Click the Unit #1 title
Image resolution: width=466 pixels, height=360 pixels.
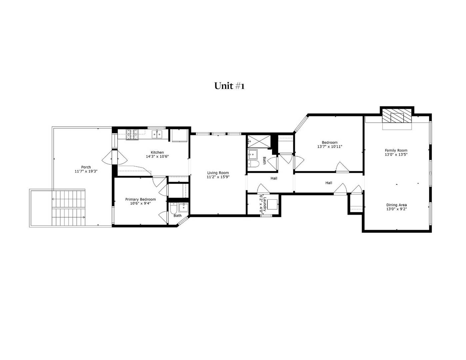tap(229, 86)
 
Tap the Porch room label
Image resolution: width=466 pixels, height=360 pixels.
tap(86, 167)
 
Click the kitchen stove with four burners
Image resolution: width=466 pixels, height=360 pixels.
tap(132, 134)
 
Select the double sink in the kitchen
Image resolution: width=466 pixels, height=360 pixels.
tap(157, 134)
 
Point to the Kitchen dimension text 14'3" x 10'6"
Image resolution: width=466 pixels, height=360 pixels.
tap(157, 156)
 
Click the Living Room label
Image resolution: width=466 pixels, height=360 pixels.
tap(218, 173)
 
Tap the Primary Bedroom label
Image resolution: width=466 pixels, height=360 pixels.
tap(140, 199)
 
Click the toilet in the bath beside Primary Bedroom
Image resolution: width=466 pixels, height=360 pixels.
tap(174, 208)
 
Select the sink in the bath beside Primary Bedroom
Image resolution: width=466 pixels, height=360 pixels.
tap(183, 207)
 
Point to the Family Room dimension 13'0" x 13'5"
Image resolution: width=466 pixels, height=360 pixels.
tap(396, 155)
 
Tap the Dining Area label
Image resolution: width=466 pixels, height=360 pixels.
tap(396, 205)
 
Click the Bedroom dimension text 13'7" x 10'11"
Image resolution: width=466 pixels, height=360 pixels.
tap(329, 147)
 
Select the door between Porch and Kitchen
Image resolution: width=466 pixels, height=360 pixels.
tap(115, 158)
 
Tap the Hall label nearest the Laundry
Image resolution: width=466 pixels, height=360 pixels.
tap(274, 178)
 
